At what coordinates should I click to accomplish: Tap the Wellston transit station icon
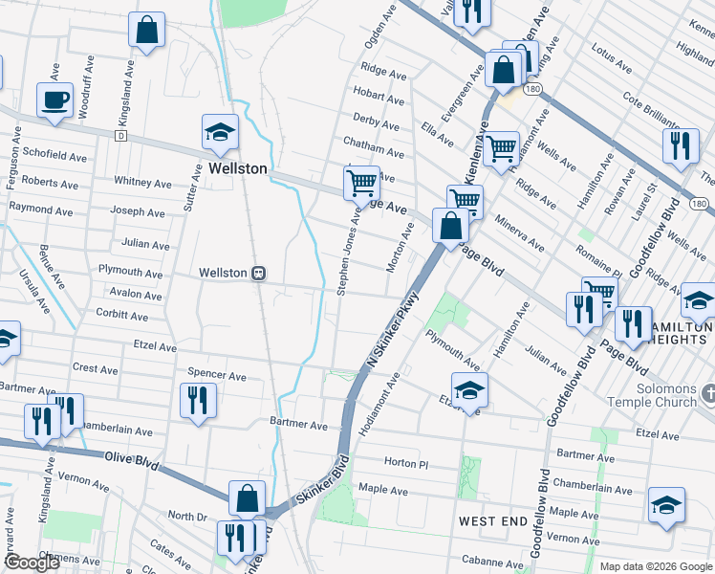[x=258, y=273]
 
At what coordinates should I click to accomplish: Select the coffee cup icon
[x=54, y=99]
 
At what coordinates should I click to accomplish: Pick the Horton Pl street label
[x=406, y=463]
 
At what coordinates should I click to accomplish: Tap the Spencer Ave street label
[x=217, y=374]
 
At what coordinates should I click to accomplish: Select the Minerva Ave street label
[x=520, y=233]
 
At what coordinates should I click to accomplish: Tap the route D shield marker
[x=121, y=136]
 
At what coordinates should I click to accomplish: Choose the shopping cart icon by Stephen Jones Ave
[x=361, y=181]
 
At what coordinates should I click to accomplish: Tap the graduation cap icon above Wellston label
[x=220, y=132]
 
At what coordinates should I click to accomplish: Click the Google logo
[x=32, y=563]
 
